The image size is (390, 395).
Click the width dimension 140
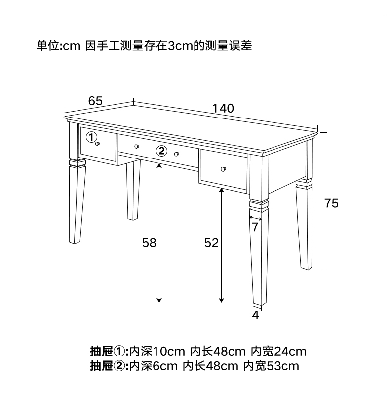point(224,109)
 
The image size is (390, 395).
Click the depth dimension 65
point(95,101)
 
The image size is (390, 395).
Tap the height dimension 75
point(331,203)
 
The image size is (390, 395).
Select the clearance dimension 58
point(149,242)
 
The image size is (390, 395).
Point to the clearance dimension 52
point(211,242)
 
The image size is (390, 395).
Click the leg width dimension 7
point(255,227)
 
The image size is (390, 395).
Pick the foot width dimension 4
point(255,315)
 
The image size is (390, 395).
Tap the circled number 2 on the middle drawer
point(161,151)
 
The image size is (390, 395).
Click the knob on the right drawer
point(224,169)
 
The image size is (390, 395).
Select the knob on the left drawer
point(98,144)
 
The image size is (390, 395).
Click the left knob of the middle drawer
point(137,146)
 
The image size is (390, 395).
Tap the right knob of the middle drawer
point(176,154)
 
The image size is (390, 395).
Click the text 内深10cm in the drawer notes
point(156,352)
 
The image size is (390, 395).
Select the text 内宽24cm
point(278,352)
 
